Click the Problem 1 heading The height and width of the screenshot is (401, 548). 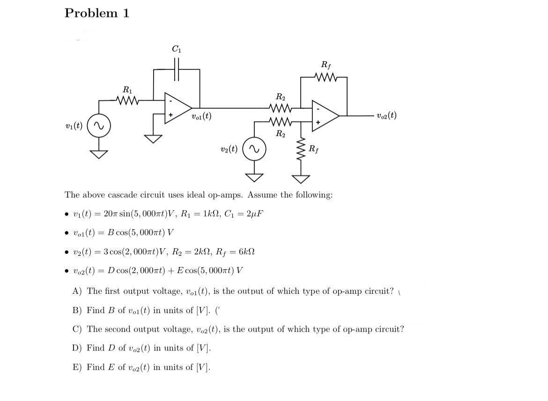[x=96, y=13]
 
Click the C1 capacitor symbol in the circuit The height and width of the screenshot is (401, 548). [x=177, y=69]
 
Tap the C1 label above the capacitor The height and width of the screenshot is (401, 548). [x=177, y=48]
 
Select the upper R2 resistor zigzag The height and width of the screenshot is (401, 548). [x=279, y=108]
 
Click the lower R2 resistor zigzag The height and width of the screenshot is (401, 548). [x=279, y=123]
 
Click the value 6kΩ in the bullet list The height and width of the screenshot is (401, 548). [x=247, y=252]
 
